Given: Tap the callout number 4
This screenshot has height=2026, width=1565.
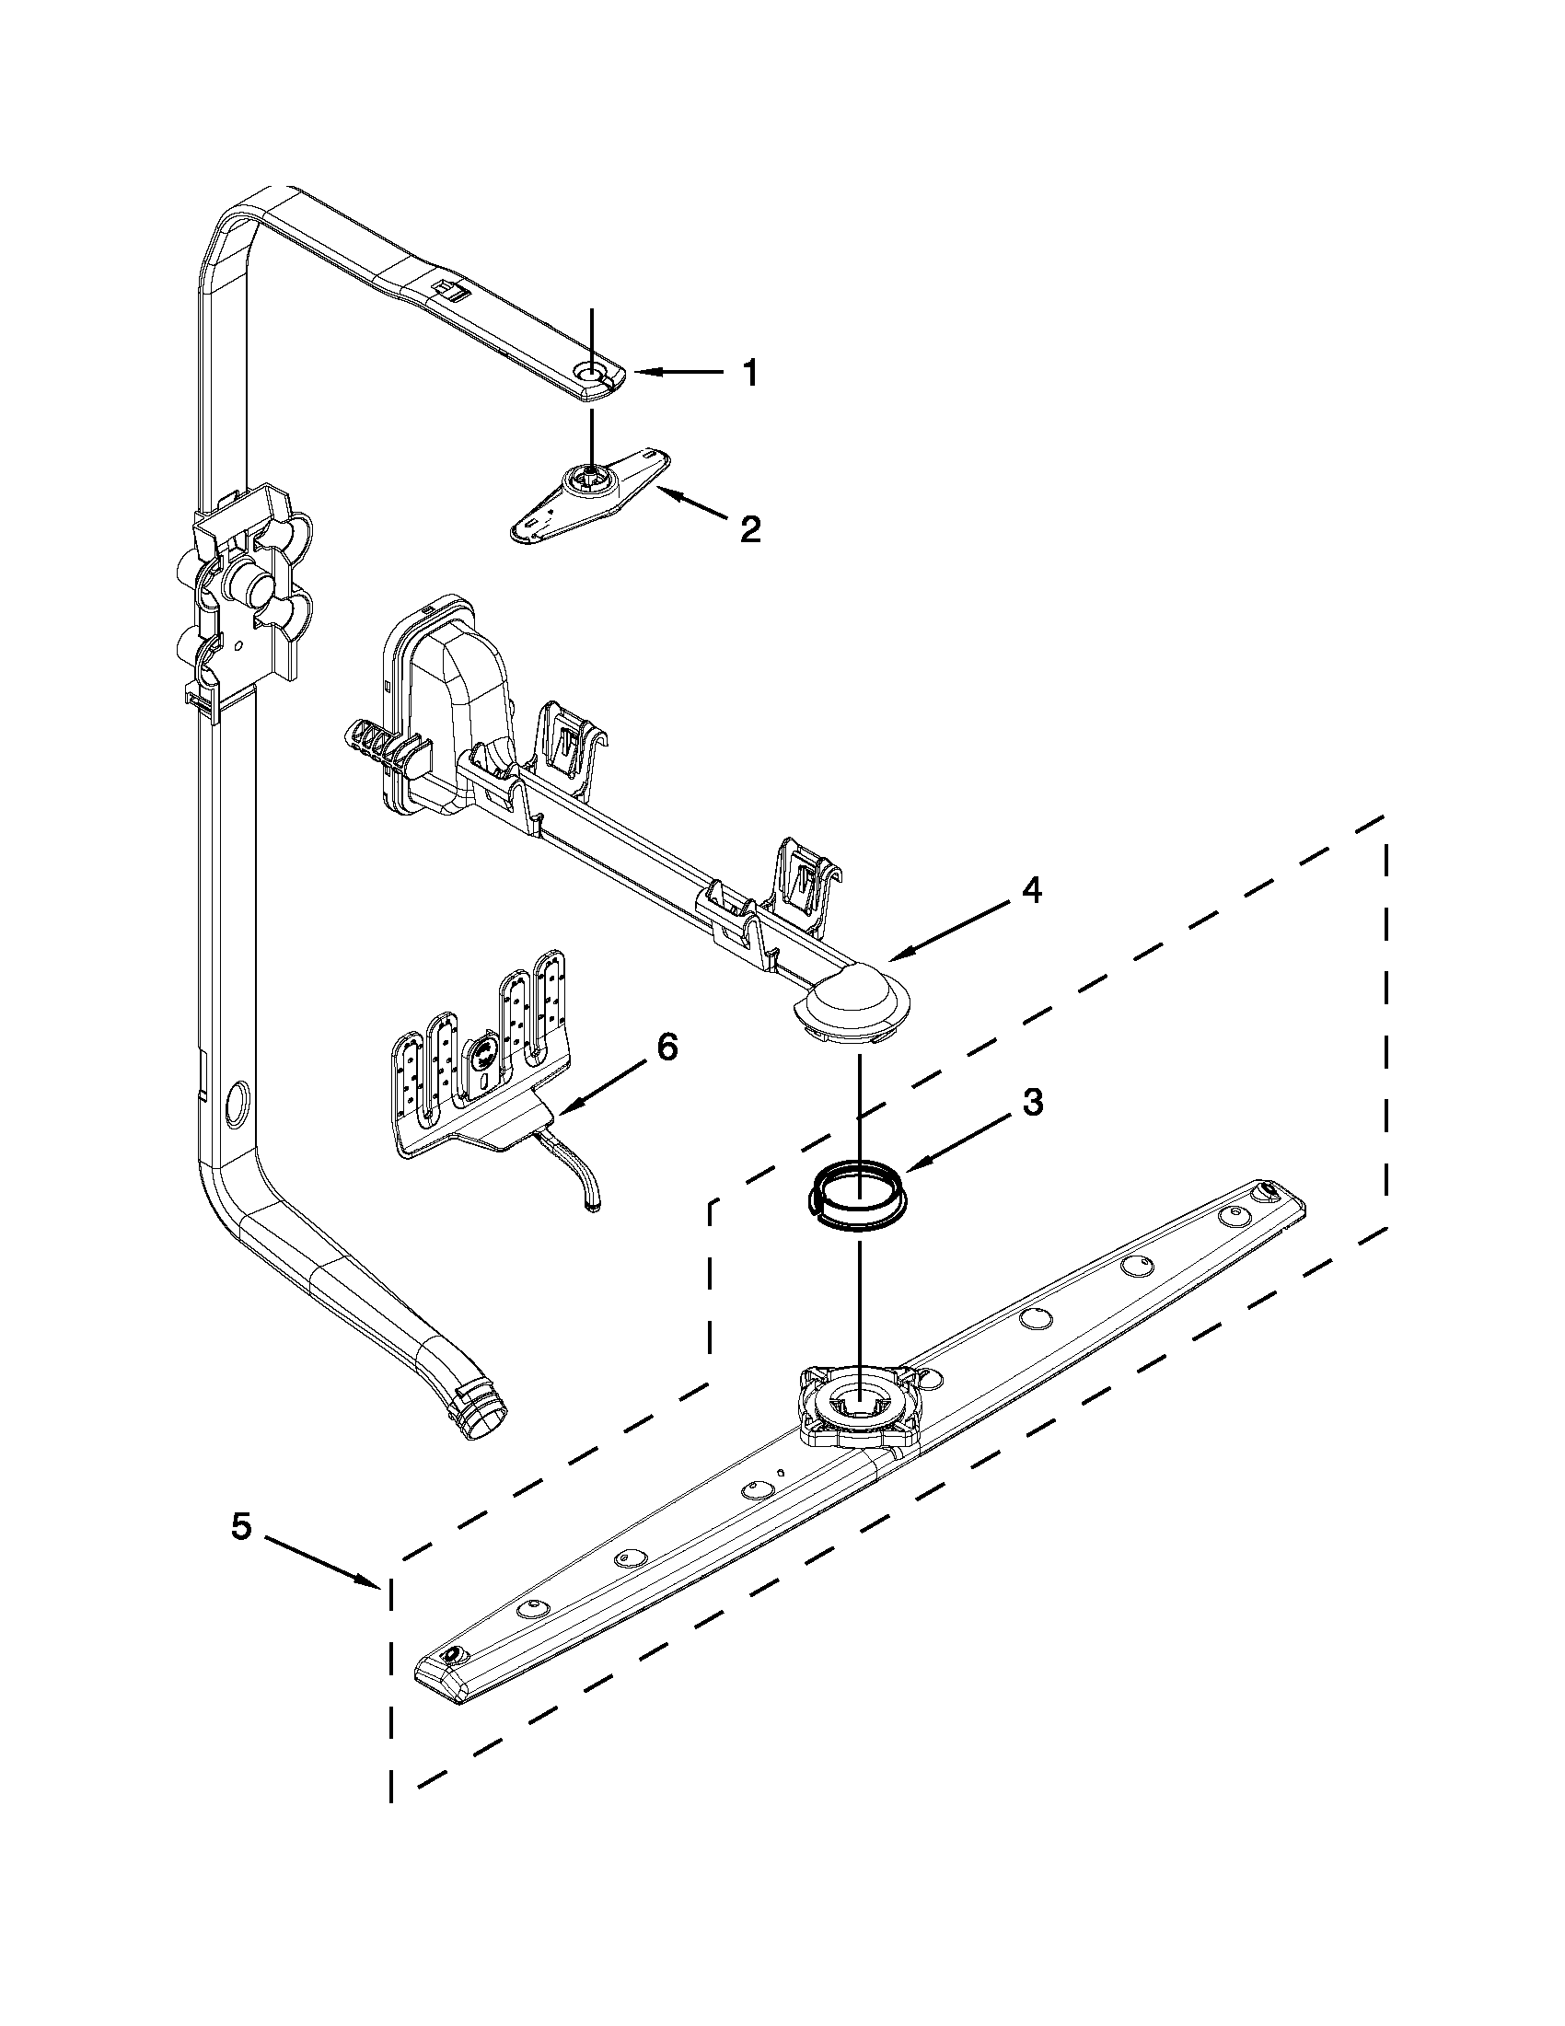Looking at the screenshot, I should tap(1031, 889).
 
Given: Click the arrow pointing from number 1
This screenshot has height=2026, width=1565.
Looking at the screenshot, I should tap(678, 372).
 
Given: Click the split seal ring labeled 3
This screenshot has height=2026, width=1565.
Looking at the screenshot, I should tap(856, 1198).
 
